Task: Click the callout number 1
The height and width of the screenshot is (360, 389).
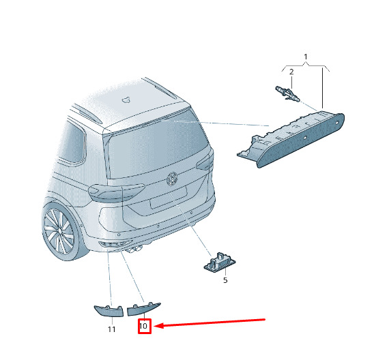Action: click(x=306, y=57)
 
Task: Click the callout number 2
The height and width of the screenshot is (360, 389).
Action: click(x=291, y=72)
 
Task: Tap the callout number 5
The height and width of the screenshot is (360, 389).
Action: click(x=225, y=280)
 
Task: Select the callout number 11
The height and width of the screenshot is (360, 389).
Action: click(x=112, y=329)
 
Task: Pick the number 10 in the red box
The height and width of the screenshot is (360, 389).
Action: click(x=143, y=325)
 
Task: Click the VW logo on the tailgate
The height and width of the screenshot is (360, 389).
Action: click(x=172, y=179)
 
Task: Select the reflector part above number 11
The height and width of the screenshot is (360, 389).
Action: click(x=109, y=311)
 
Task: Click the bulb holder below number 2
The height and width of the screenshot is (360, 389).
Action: click(x=288, y=94)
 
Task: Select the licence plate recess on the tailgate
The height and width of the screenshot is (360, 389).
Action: click(x=169, y=198)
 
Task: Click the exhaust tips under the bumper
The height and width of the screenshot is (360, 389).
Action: click(x=134, y=250)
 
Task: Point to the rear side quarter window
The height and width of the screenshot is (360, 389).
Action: click(x=72, y=142)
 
